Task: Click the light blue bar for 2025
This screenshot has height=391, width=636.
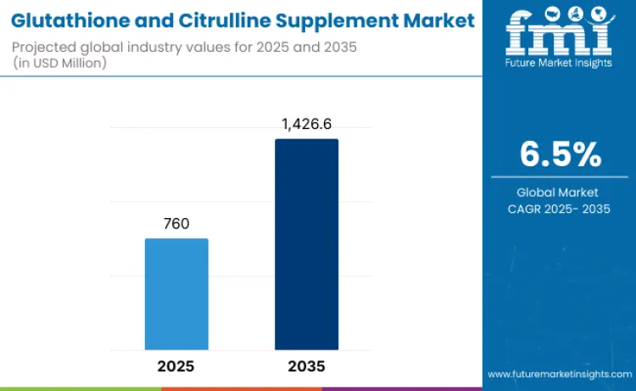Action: tap(176, 293)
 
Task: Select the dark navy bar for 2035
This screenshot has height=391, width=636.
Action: tap(306, 244)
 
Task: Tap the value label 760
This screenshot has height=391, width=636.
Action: tap(176, 224)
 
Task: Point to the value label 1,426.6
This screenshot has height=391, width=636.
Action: tap(306, 125)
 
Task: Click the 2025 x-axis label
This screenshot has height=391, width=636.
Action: tap(176, 367)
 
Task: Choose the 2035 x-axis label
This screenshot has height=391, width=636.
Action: tap(306, 367)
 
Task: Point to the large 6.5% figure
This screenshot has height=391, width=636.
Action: tap(560, 154)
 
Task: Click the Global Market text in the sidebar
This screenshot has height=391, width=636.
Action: tap(560, 193)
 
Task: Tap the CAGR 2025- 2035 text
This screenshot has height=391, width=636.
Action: tap(560, 209)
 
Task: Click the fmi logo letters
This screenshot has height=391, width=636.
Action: tap(558, 35)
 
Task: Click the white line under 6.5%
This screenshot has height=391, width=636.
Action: tap(560, 177)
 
